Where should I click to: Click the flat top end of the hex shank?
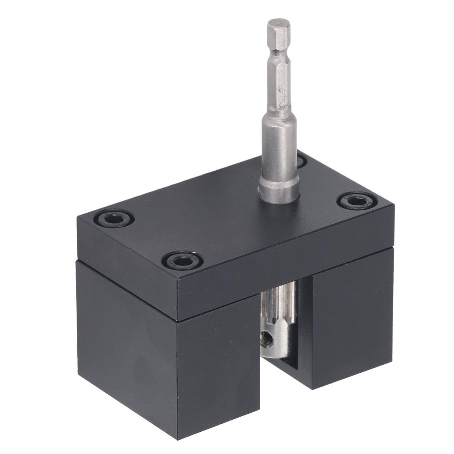click(x=278, y=22)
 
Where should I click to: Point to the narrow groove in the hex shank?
click(x=278, y=56)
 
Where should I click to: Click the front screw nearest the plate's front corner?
click(x=182, y=260)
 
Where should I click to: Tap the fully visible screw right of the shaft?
click(x=357, y=201)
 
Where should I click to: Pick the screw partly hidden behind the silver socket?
click(x=301, y=160)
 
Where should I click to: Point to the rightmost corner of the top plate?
click(x=393, y=205)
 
